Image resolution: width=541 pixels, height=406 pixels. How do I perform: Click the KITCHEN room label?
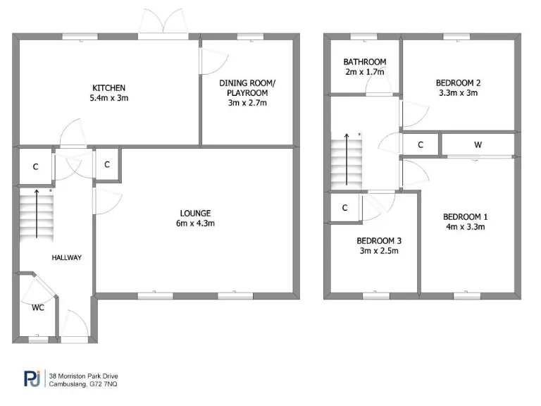click(109, 87)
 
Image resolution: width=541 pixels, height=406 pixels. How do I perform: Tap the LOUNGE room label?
click(196, 213)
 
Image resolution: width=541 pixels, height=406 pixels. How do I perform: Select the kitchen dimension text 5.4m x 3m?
click(109, 98)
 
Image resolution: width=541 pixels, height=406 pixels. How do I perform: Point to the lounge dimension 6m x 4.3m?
click(196, 223)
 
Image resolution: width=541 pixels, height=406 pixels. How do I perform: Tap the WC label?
click(38, 307)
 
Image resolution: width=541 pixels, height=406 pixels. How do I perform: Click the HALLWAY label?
click(66, 258)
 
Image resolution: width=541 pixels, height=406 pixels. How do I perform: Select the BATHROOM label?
click(364, 61)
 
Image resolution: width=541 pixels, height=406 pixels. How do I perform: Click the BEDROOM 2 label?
click(459, 82)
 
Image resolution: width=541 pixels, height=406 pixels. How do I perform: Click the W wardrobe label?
click(478, 145)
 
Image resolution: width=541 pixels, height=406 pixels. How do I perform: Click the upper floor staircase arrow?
click(346, 158)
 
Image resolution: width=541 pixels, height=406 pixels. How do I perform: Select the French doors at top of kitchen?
click(163, 24)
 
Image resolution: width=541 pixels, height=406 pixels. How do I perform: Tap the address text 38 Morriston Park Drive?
click(82, 375)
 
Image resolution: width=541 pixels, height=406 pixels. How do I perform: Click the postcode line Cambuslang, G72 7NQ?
click(82, 384)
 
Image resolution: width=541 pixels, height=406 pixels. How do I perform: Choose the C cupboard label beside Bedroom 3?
click(345, 208)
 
